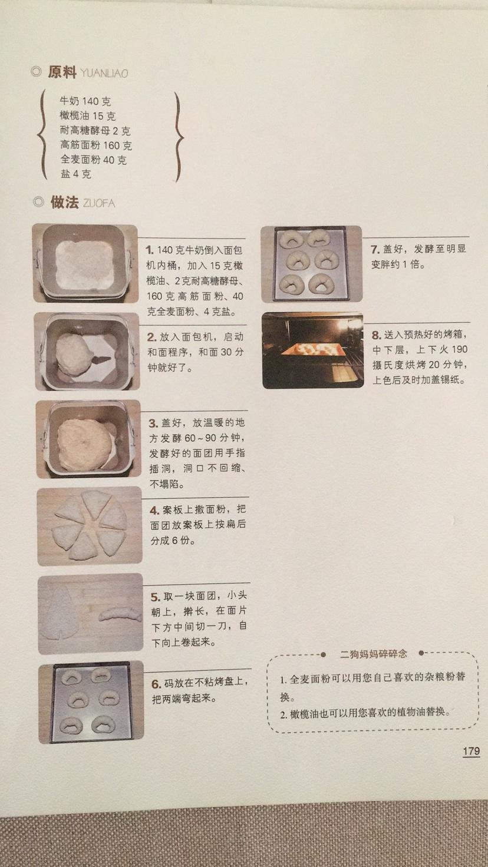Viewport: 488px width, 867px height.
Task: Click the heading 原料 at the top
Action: point(62,72)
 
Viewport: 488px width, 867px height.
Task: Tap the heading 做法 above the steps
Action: point(64,203)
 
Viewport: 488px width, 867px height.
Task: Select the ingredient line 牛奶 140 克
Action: point(85,101)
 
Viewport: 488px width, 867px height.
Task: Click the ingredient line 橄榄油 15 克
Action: point(87,116)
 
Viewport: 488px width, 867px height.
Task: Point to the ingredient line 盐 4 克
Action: point(75,174)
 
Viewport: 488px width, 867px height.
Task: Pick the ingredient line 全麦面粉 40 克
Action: point(93,160)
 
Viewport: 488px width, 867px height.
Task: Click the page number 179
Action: point(471,751)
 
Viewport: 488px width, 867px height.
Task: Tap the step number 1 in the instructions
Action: point(150,250)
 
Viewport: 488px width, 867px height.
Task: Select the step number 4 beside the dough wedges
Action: point(154,511)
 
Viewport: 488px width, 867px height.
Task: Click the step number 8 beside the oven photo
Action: point(376,335)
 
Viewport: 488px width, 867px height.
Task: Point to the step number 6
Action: point(156,684)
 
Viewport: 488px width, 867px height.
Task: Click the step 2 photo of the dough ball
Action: point(87,352)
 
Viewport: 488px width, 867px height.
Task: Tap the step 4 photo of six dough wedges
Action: point(90,525)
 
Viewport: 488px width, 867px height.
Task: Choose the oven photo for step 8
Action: point(312,350)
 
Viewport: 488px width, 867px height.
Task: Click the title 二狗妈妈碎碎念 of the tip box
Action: point(373,654)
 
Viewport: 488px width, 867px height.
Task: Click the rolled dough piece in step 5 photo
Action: point(120,614)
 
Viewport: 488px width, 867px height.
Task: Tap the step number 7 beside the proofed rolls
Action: point(375,249)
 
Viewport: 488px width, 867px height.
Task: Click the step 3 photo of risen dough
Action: point(88,439)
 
